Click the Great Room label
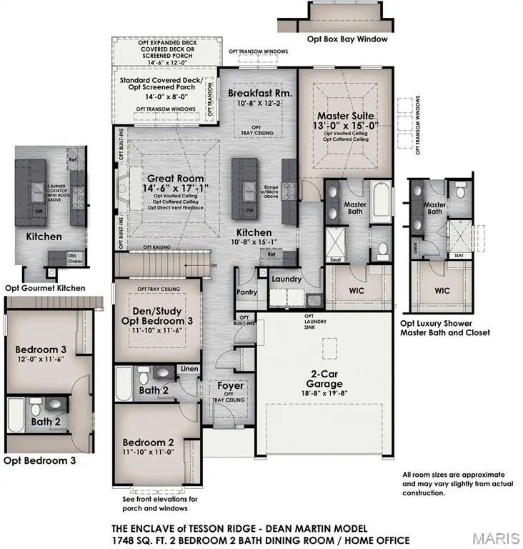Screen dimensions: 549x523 [175, 179]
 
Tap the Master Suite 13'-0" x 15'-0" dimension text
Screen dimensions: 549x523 [346, 127]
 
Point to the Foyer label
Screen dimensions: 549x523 [229, 385]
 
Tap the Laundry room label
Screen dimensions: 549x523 [287, 279]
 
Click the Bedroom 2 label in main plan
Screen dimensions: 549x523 [148, 441]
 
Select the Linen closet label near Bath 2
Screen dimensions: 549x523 [189, 369]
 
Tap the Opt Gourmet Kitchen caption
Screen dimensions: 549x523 [45, 288]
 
